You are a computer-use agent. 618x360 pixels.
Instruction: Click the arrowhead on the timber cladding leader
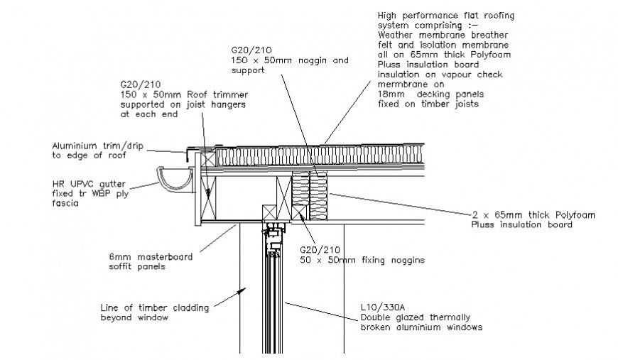coord(243,291)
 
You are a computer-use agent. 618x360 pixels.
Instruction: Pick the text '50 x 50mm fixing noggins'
coord(362,261)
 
